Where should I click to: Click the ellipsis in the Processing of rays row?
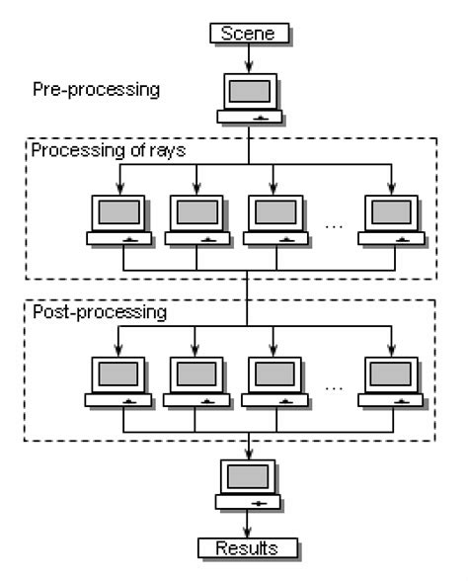tap(334, 225)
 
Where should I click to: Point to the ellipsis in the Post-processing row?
tap(334, 385)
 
